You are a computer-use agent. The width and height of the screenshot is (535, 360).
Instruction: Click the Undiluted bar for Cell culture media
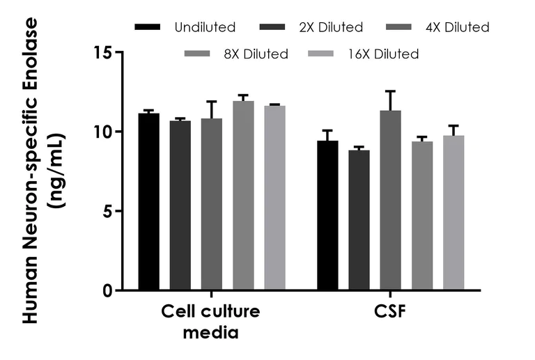coord(148,202)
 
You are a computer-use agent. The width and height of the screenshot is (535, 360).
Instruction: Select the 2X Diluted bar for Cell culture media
coord(180,205)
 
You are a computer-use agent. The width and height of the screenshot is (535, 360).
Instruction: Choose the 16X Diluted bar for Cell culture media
coord(274,198)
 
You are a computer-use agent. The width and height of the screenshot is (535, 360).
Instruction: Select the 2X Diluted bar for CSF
coord(359,220)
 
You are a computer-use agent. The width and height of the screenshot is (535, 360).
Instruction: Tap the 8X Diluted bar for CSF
coord(422,216)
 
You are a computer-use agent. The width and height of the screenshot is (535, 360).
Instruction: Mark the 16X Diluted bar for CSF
coord(453,213)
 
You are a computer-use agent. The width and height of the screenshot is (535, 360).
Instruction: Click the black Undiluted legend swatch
coord(148,28)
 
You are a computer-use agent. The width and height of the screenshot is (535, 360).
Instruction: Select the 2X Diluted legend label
coord(331,28)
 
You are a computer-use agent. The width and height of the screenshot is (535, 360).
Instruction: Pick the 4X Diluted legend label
coord(458,28)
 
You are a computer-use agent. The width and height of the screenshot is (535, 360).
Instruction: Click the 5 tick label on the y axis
coord(108,211)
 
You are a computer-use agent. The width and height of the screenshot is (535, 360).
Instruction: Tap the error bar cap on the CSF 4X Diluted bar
coord(391,91)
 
